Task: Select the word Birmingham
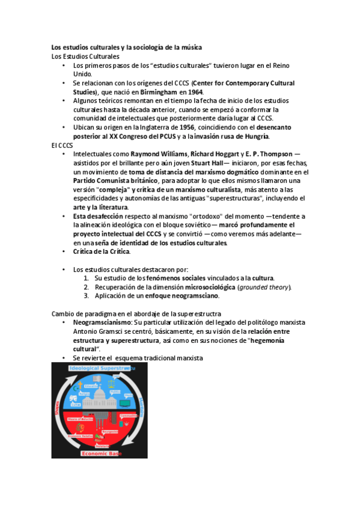click(x=158, y=92)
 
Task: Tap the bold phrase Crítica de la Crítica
click(x=101, y=251)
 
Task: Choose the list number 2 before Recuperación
click(x=87, y=287)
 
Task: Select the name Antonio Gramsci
click(x=99, y=331)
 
